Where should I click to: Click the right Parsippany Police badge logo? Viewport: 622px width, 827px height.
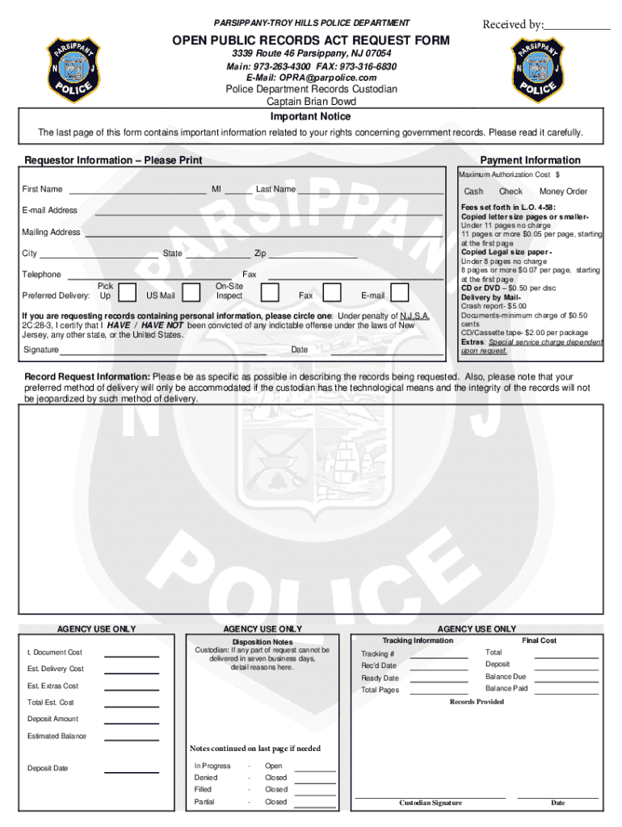pos(542,69)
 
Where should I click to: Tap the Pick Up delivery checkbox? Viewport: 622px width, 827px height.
pos(126,292)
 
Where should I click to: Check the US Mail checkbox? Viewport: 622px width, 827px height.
pos(191,292)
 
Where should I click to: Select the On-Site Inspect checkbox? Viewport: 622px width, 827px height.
pos(270,292)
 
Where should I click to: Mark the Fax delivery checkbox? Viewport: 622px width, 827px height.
pos(330,292)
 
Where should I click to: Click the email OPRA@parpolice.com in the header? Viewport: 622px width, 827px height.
pos(311,78)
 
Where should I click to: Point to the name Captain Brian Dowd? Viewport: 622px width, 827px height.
pos(311,102)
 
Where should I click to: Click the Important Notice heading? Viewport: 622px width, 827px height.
pos(311,116)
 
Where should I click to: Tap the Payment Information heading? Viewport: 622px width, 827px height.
pos(530,160)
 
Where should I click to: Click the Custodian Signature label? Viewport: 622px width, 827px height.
pos(431,803)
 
